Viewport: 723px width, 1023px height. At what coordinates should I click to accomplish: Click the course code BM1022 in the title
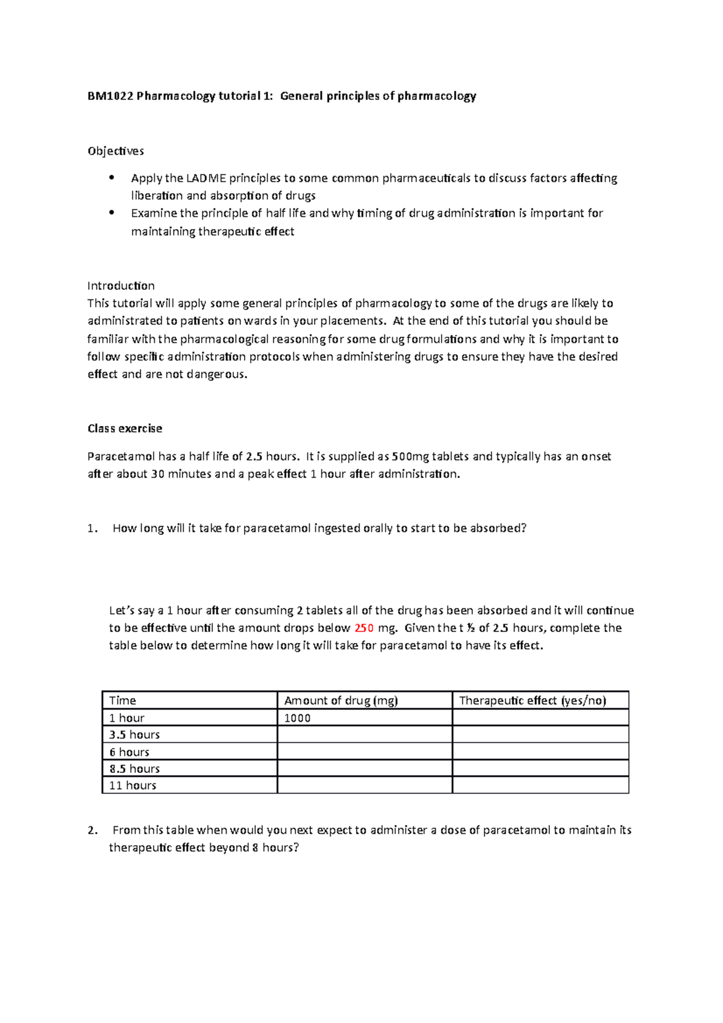click(110, 96)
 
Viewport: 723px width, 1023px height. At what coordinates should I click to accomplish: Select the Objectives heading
click(116, 151)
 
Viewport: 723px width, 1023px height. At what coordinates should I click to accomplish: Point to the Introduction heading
click(120, 286)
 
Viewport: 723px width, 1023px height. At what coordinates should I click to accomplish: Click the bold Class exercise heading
click(125, 428)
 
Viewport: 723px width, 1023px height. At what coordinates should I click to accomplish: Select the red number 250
click(364, 628)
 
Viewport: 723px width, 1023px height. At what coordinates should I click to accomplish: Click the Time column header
click(122, 700)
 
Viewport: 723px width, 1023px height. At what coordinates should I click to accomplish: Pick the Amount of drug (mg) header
click(341, 700)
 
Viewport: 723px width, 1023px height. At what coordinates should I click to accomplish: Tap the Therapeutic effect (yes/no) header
click(533, 700)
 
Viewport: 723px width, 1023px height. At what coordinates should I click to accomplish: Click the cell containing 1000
click(298, 718)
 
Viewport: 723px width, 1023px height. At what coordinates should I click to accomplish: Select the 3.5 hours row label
click(134, 734)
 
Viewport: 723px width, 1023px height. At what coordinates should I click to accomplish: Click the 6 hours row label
click(129, 752)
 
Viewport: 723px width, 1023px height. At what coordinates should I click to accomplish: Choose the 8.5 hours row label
click(134, 769)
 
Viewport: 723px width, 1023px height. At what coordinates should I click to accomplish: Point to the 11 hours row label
click(133, 786)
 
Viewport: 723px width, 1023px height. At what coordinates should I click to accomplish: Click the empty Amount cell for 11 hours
click(364, 786)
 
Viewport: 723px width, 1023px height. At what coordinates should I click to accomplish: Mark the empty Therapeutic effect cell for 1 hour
click(540, 718)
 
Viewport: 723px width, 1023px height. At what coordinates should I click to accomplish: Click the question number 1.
click(92, 528)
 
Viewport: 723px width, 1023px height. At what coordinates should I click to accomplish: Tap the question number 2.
click(92, 830)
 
